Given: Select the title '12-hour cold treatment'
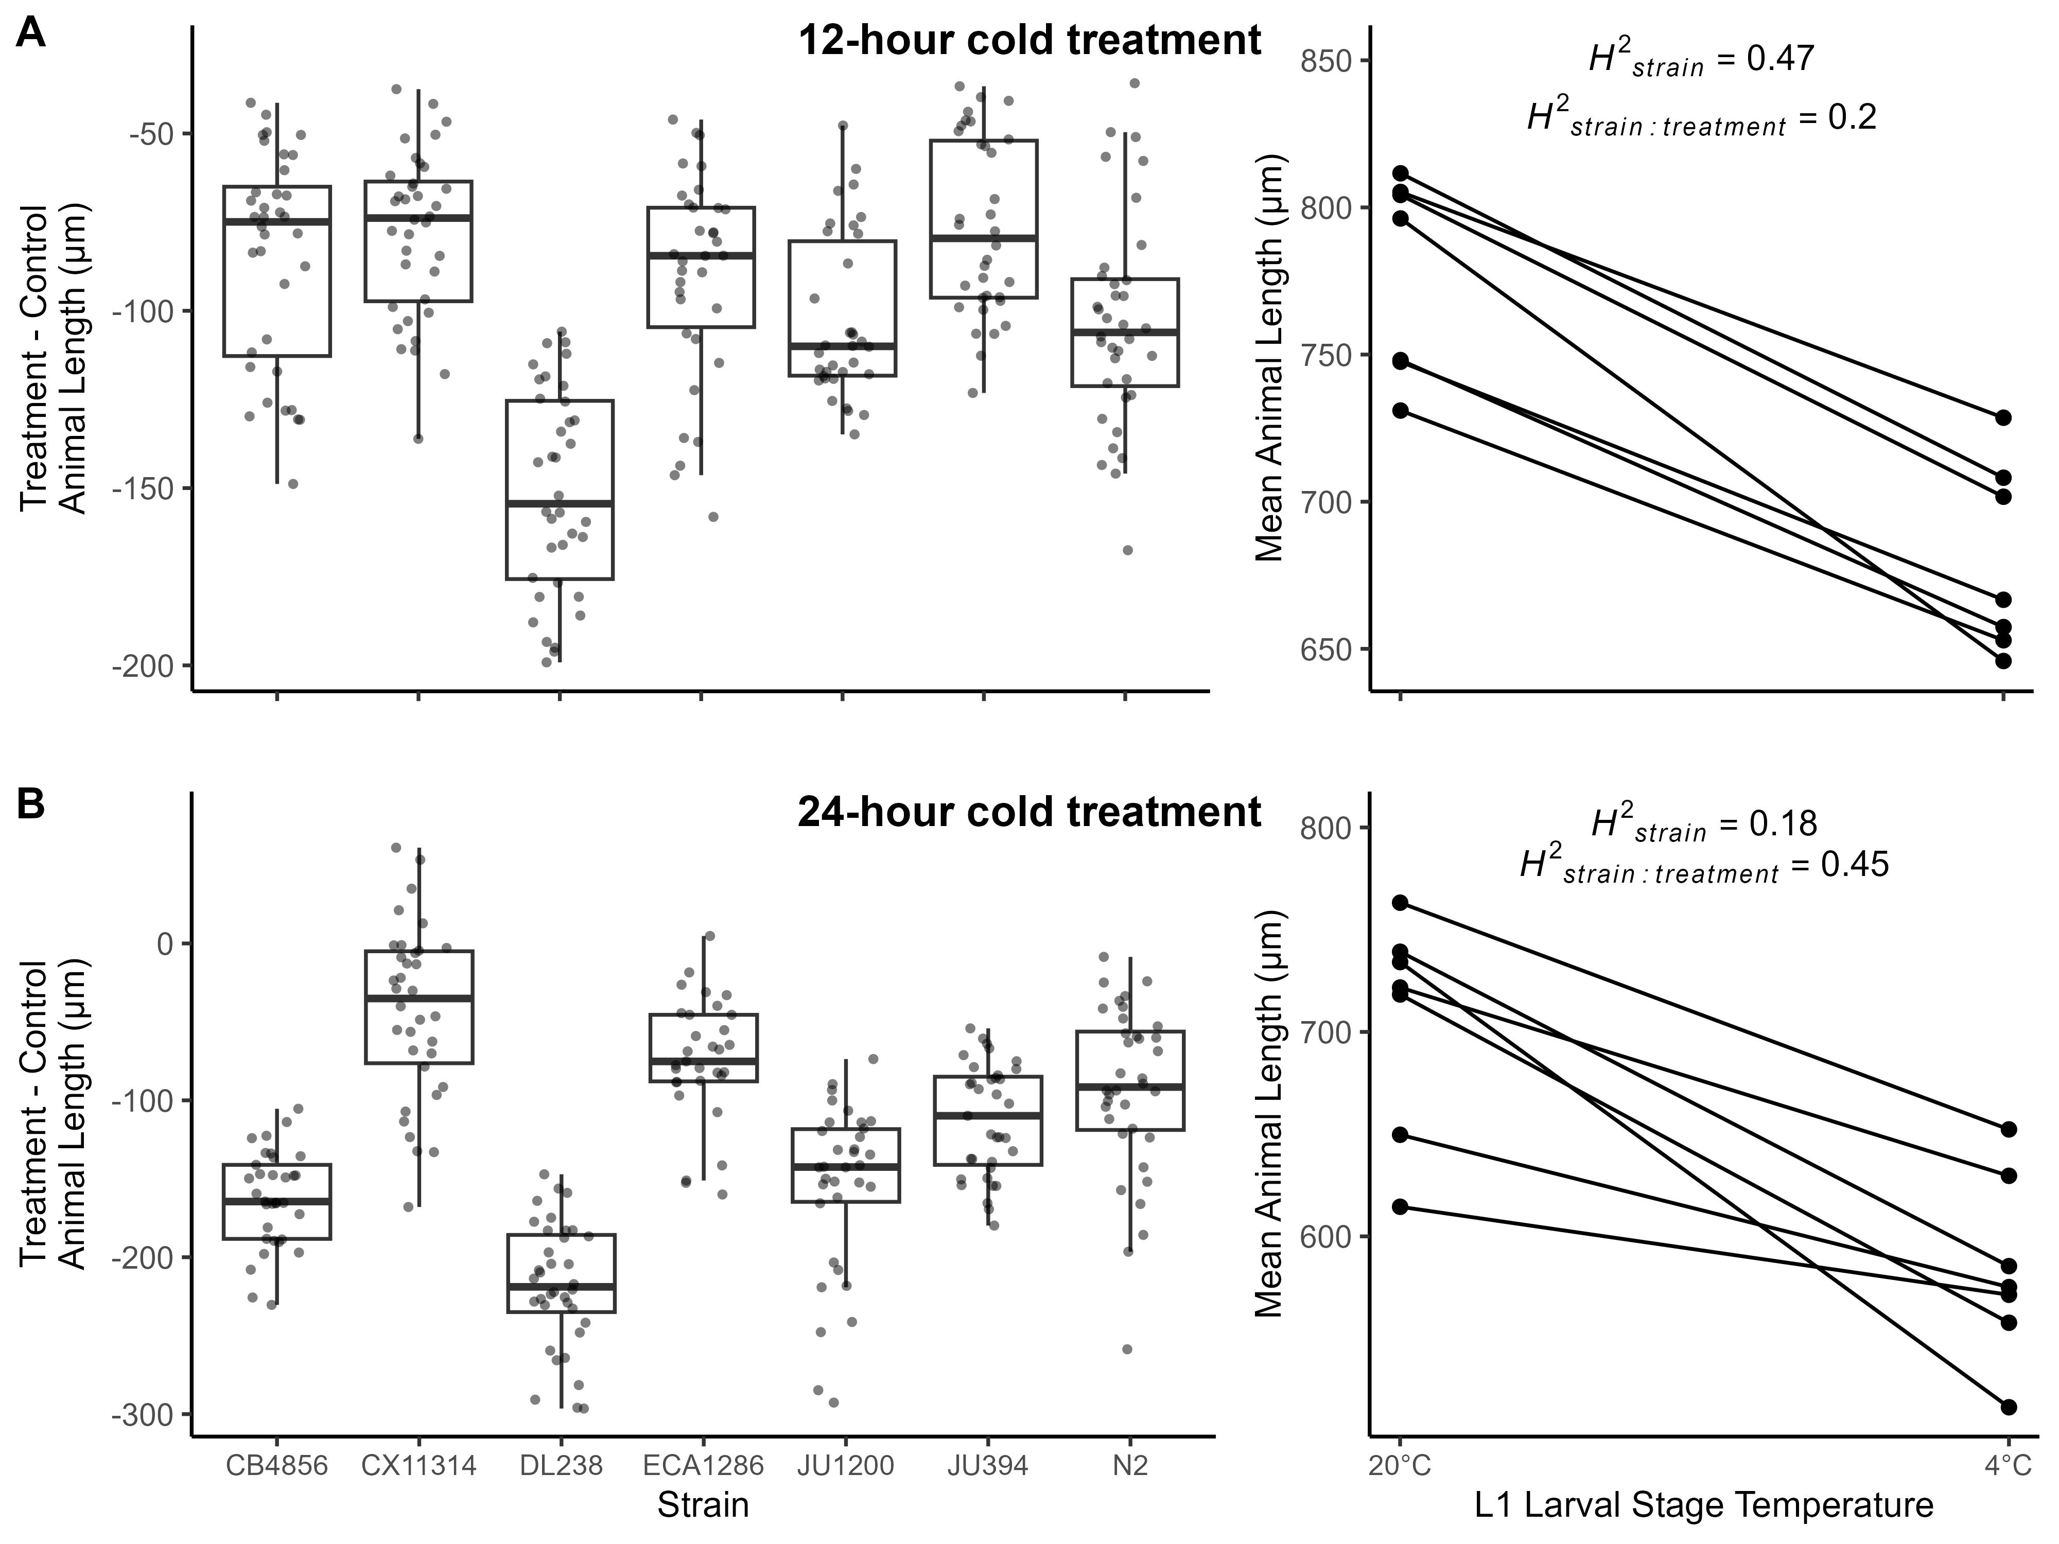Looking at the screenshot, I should point(1029,41).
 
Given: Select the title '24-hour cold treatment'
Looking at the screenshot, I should point(1029,812).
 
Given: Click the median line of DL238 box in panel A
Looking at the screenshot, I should point(560,503).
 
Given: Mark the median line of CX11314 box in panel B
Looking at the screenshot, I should point(419,998).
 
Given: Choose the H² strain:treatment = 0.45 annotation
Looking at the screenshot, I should point(1703,866).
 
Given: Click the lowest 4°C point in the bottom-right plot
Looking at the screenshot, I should point(2008,1406).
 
